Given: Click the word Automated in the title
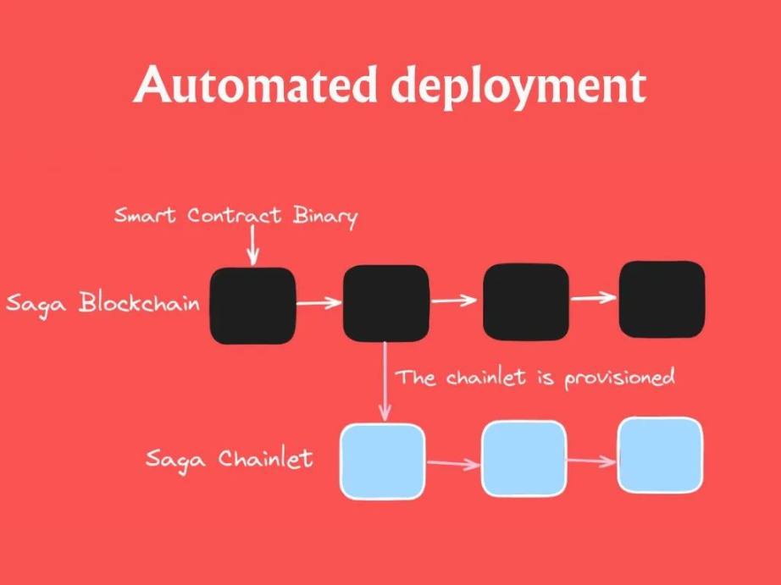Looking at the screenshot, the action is tap(255, 84).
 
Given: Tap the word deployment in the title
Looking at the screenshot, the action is tap(518, 88).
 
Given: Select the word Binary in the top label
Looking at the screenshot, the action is tap(325, 217).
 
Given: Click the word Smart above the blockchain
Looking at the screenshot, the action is tap(145, 215).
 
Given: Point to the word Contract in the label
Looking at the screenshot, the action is tap(234, 216).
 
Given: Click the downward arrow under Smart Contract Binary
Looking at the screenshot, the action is tap(252, 245).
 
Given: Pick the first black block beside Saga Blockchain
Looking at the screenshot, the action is tap(252, 306).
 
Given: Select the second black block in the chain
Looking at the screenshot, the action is tap(386, 303).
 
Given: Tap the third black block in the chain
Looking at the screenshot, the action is tap(526, 301).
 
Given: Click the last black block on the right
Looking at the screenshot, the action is tap(662, 299).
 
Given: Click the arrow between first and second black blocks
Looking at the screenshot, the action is tap(318, 302).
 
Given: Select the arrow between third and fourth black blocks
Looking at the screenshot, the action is tap(593, 298).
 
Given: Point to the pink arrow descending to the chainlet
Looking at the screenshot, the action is tap(385, 381).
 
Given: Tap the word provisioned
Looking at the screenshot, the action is tap(619, 379).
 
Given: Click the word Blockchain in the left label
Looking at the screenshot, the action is tap(139, 301).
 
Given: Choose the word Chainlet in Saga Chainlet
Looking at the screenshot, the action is tap(265, 458).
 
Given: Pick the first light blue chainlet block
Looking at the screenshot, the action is tap(383, 461).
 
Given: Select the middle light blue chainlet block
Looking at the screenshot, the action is tap(524, 459).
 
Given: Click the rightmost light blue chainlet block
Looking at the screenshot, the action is tap(661, 455).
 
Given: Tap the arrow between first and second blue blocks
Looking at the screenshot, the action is tap(453, 464).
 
